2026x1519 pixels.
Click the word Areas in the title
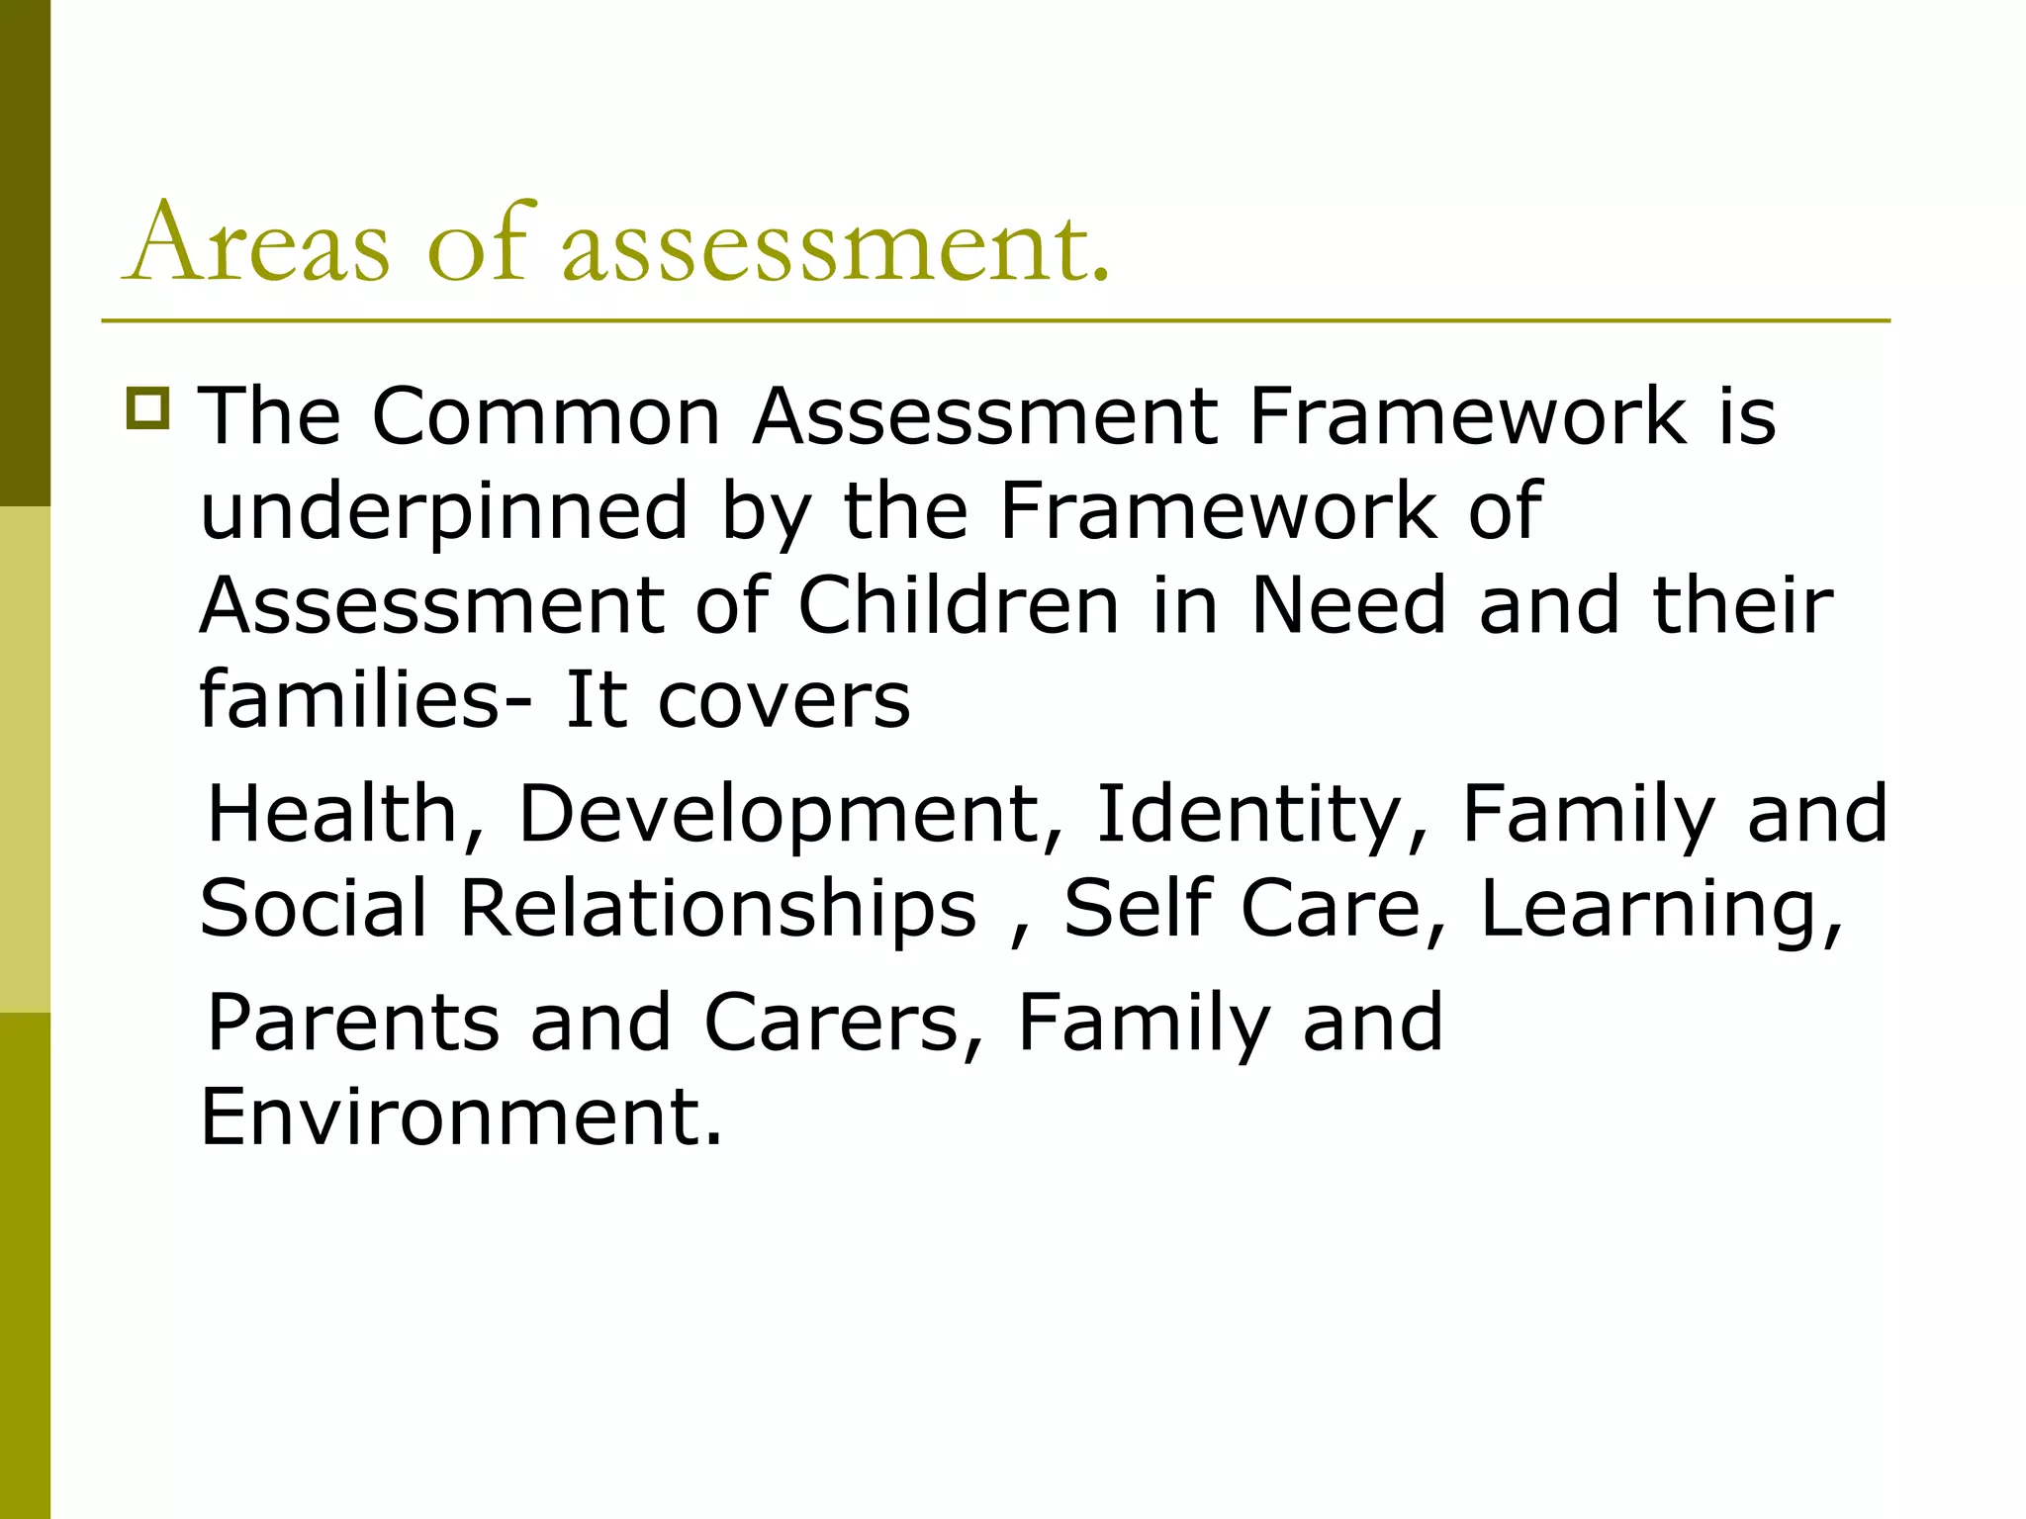(x=257, y=243)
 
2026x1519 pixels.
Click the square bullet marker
(x=148, y=407)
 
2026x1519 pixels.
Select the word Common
(x=546, y=416)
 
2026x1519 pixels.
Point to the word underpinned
(x=443, y=511)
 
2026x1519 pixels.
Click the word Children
(x=958, y=605)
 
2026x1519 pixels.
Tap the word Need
(x=1349, y=605)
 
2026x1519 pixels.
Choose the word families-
(x=365, y=699)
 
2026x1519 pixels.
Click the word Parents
(x=353, y=1023)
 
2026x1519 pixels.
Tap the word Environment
(x=461, y=1117)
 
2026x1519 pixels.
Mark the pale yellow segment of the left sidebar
(x=25, y=759)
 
